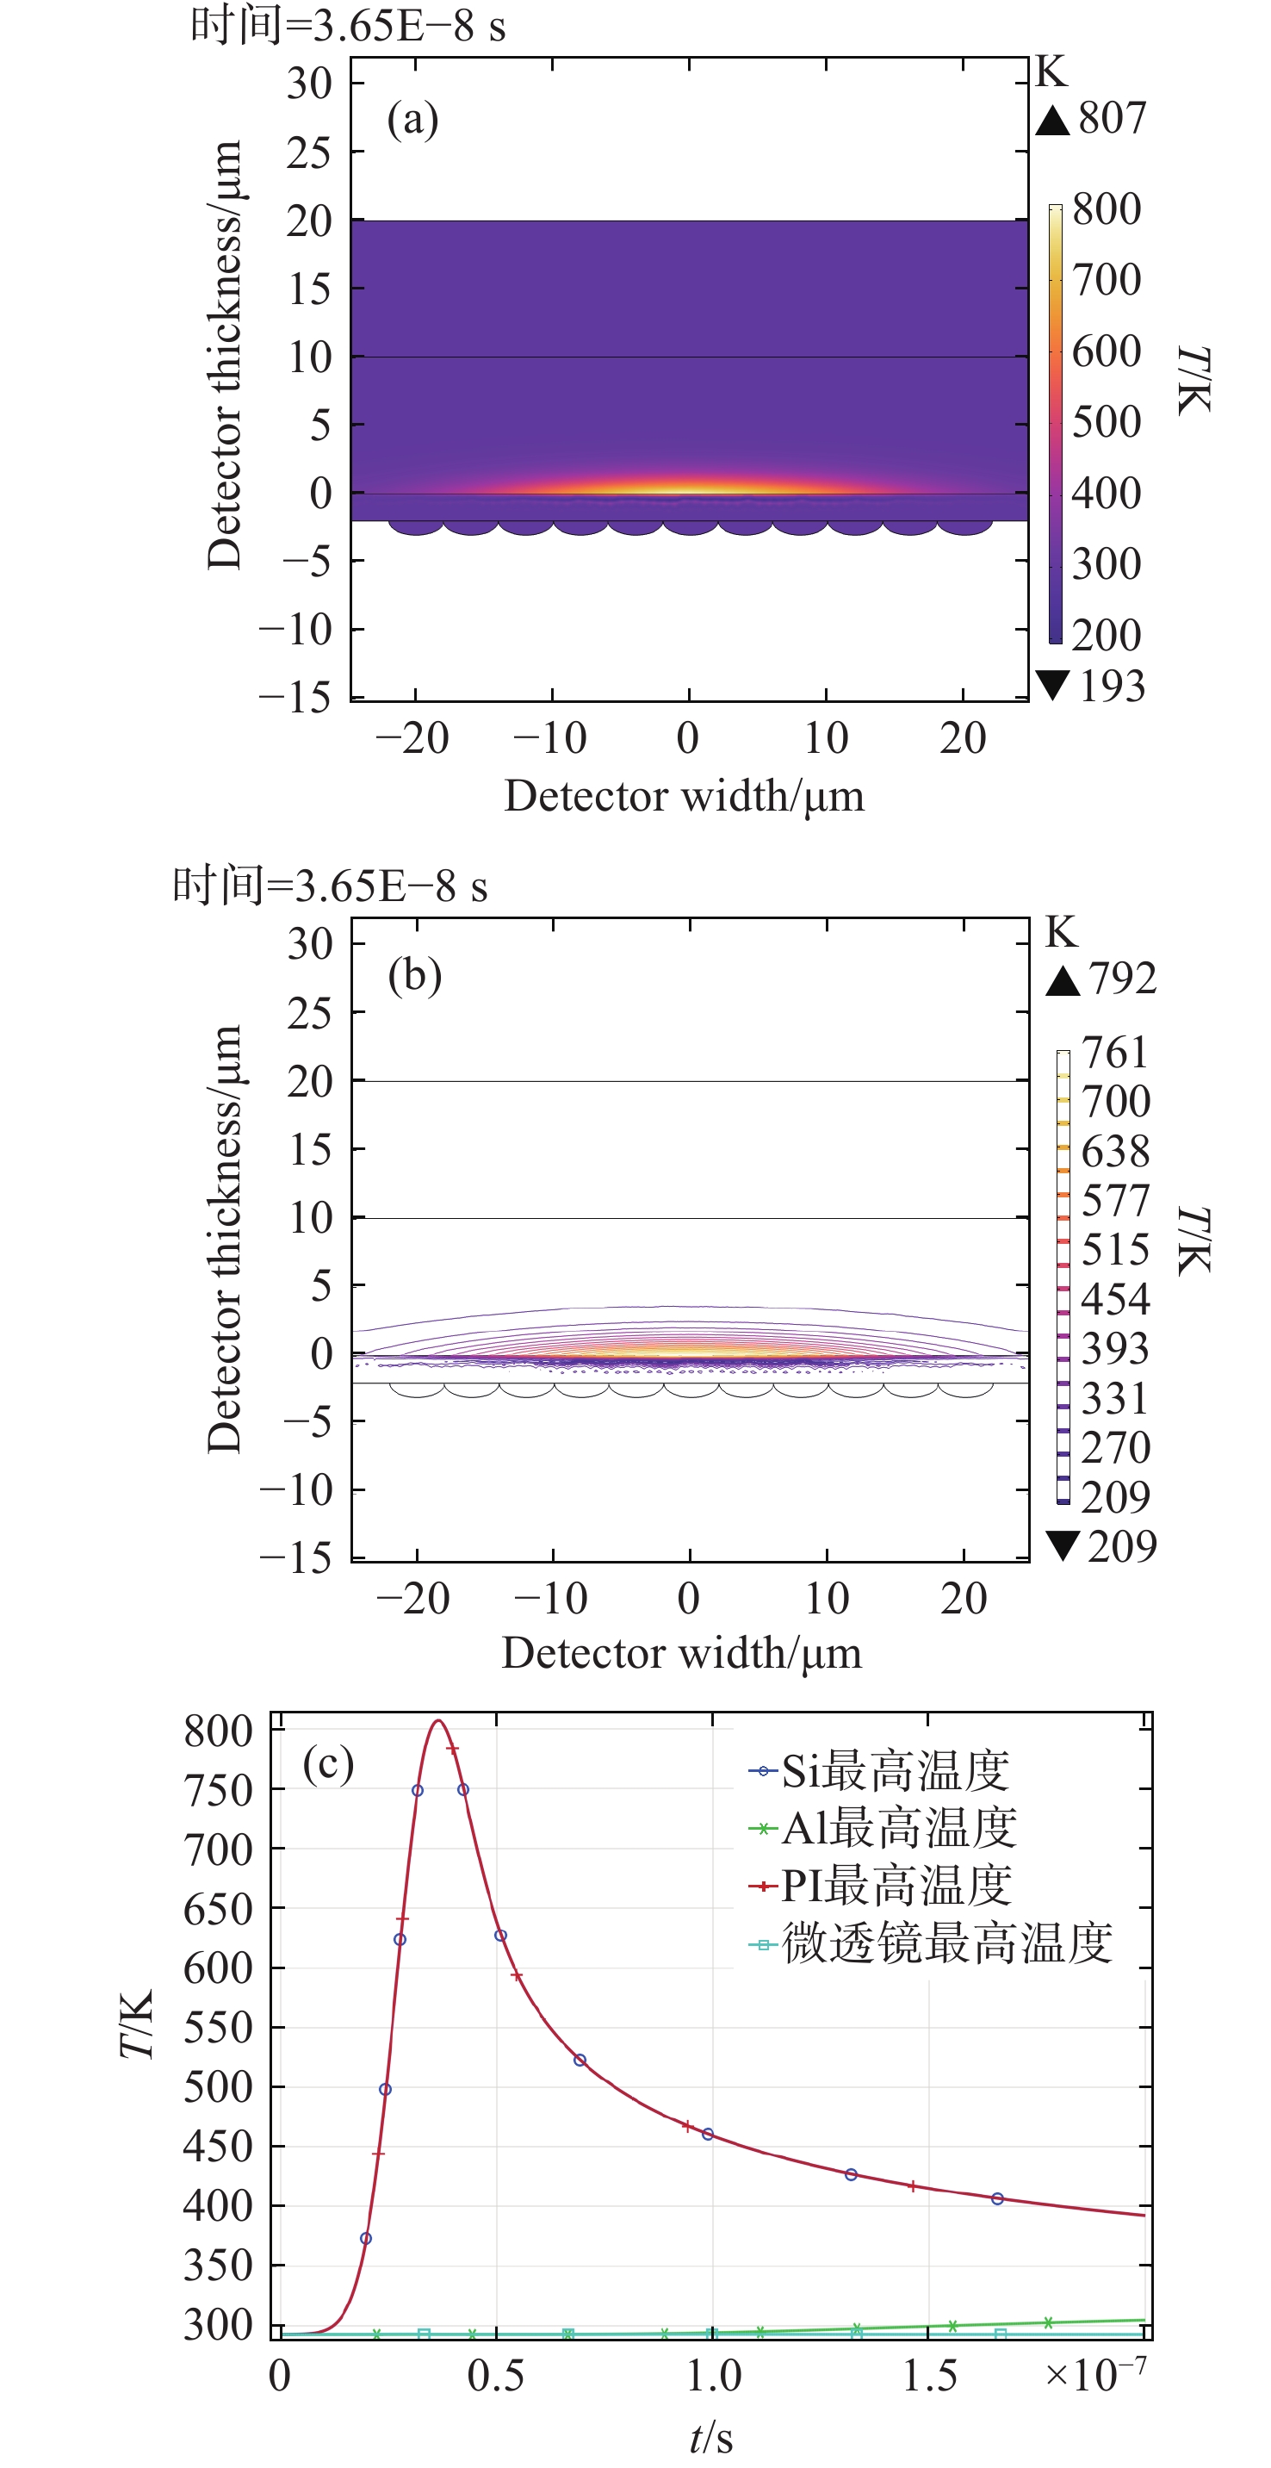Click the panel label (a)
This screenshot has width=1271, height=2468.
[412, 120]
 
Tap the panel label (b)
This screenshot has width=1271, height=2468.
[415, 976]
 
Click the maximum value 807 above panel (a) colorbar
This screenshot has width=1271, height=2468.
[1111, 118]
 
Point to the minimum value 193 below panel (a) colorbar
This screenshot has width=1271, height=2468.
[1111, 686]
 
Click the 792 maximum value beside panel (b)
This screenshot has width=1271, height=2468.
[1121, 979]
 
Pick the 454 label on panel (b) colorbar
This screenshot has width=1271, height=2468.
[1115, 1299]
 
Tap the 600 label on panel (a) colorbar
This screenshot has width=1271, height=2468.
[1107, 351]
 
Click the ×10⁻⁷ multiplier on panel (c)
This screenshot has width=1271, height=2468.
[1094, 2375]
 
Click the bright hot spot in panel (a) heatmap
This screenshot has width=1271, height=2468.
[689, 490]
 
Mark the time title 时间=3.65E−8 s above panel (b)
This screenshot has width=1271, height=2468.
[330, 886]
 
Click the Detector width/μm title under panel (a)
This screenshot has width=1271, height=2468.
[684, 796]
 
